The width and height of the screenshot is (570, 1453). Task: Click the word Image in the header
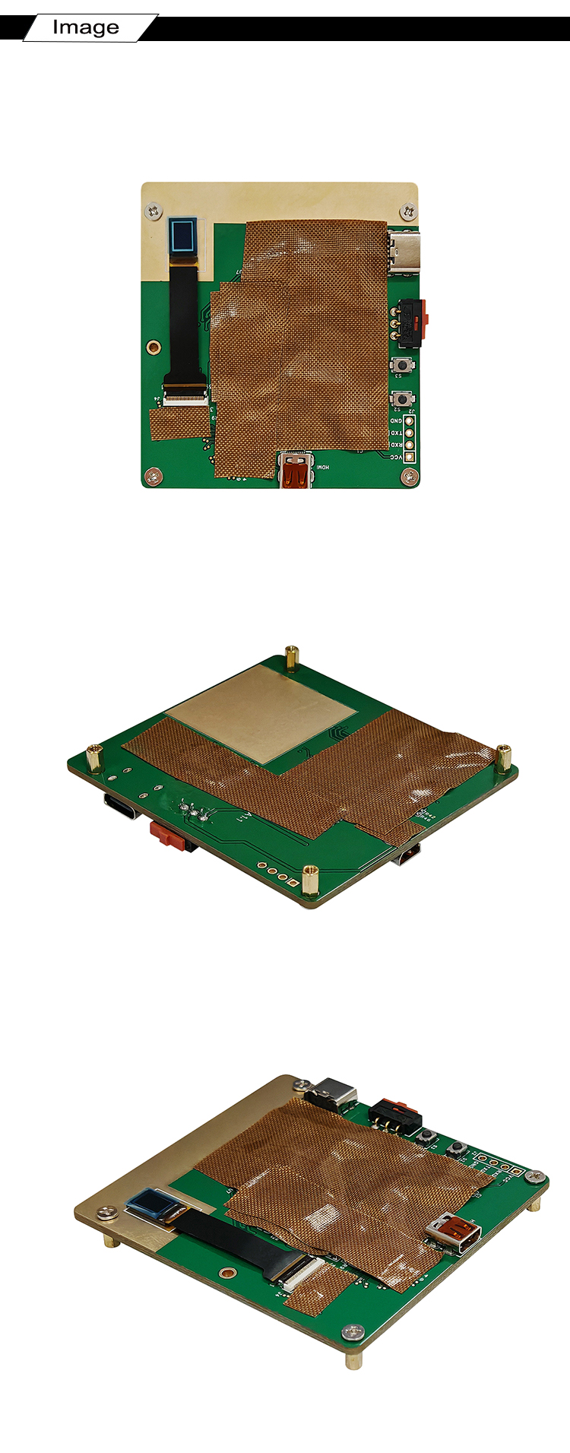(x=85, y=28)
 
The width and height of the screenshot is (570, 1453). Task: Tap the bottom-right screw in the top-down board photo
(x=410, y=476)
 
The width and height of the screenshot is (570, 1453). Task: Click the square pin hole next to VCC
(x=410, y=458)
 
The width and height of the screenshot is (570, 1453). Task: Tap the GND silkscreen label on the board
(x=396, y=420)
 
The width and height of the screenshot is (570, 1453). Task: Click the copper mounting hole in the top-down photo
(x=154, y=347)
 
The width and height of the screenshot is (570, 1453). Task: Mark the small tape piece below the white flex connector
(x=179, y=424)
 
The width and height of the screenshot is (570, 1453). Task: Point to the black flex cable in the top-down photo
(x=183, y=319)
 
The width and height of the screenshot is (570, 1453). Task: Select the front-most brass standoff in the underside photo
(x=309, y=880)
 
